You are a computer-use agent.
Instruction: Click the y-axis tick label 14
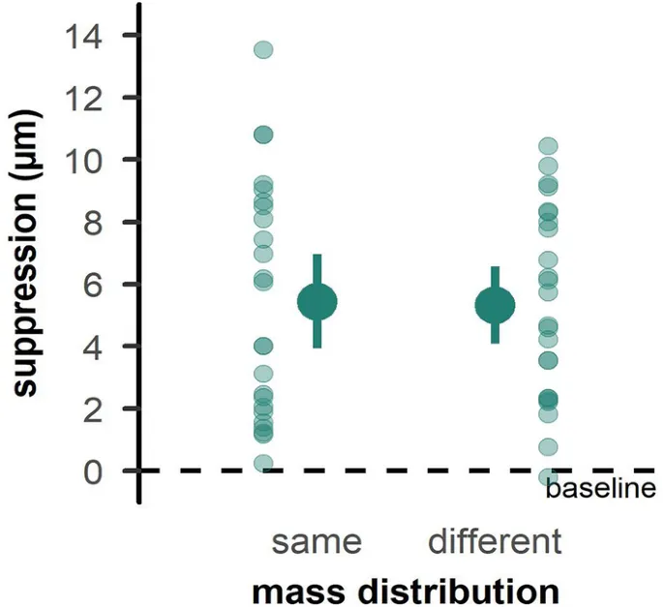pos(88,36)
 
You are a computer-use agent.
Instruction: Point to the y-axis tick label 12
pos(88,98)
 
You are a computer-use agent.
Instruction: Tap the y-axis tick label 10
pos(88,160)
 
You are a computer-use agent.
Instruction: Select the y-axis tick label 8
pos(99,222)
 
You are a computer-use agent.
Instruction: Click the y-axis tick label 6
pos(99,284)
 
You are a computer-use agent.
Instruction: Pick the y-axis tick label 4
pos(99,346)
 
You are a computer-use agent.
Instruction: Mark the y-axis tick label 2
pos(99,408)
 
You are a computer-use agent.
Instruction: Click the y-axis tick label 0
pos(99,470)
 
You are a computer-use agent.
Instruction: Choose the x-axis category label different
pos(495,541)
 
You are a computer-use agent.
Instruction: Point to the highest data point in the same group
pos(263,49)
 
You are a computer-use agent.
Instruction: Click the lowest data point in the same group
pos(263,464)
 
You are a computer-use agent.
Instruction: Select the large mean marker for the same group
pos(316,302)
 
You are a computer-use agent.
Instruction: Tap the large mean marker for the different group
pos(495,306)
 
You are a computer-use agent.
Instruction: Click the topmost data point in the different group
pos(548,146)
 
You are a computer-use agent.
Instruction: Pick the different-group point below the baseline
pos(548,476)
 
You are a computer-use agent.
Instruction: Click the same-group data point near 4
pos(263,346)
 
